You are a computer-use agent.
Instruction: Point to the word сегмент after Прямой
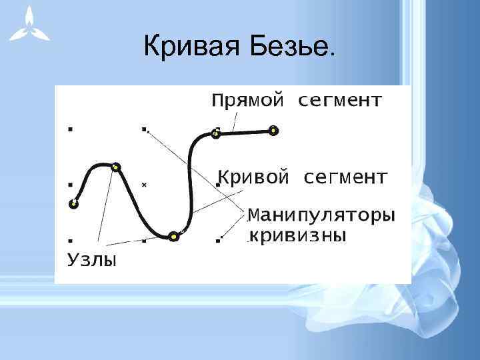[x=339, y=101]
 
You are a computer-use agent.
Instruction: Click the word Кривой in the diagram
[x=254, y=178]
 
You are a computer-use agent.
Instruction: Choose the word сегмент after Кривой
[x=345, y=178]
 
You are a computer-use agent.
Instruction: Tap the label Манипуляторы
[x=321, y=216]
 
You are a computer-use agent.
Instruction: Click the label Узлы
[x=92, y=259]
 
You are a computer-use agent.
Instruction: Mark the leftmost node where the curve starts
[x=74, y=204]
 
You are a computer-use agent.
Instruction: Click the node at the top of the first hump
[x=116, y=167]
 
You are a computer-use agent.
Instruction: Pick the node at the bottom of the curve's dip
[x=174, y=235]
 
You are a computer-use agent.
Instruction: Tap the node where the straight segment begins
[x=215, y=134]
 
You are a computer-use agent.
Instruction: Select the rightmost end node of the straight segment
[x=273, y=130]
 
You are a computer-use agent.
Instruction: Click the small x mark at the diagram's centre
[x=143, y=185]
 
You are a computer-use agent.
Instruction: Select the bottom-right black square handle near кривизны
[x=218, y=238]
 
